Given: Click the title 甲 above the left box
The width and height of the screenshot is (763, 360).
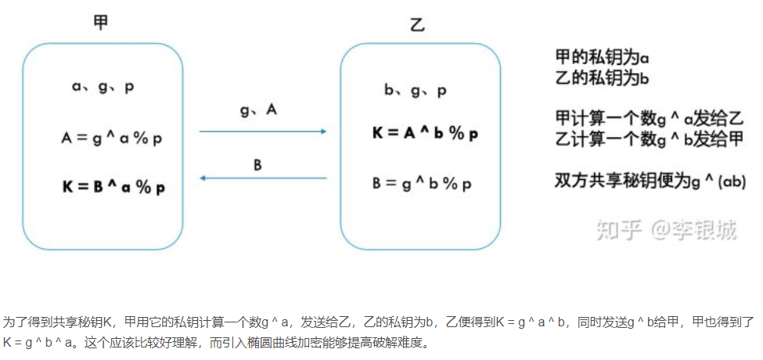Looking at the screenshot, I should [x=100, y=23].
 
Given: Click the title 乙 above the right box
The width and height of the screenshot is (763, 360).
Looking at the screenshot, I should [x=417, y=24].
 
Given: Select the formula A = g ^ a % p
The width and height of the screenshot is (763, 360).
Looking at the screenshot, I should [x=111, y=139].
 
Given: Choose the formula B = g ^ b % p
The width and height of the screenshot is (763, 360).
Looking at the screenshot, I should [x=422, y=184].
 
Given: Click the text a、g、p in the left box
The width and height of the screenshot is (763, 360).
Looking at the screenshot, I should [x=103, y=87].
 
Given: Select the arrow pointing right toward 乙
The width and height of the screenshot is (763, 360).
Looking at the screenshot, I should [x=262, y=131].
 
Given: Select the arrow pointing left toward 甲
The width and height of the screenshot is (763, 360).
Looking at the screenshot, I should [x=262, y=178].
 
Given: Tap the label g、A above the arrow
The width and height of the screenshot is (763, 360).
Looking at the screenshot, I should [x=259, y=110].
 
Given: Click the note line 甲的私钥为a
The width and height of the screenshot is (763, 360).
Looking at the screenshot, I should [x=602, y=58].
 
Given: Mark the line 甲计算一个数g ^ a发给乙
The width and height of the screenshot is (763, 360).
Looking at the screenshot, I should [x=649, y=119].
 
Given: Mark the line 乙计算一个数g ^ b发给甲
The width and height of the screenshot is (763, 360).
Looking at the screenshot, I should [x=649, y=140].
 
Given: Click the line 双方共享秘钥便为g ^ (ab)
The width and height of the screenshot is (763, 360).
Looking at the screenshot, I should [x=649, y=181].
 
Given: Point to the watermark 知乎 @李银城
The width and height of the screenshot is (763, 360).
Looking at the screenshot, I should [x=665, y=229].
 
